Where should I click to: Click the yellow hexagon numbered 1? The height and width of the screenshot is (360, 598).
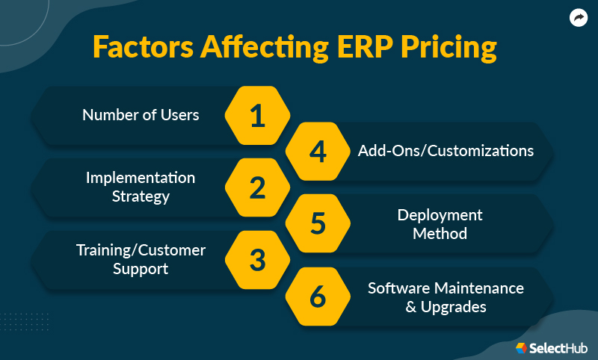(257, 116)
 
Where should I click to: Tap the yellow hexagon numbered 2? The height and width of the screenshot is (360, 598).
(257, 187)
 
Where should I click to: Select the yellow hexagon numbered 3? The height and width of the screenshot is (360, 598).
(257, 260)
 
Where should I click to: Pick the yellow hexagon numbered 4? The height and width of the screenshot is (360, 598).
(318, 152)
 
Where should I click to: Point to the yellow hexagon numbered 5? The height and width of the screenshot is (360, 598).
(318, 223)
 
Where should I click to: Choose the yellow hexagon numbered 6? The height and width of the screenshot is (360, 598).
(318, 297)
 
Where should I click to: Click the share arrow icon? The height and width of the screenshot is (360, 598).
(578, 19)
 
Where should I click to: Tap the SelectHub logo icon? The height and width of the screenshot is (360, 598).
(522, 347)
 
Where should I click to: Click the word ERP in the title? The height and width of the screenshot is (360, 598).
(358, 46)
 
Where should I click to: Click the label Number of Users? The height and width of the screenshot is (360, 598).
(141, 115)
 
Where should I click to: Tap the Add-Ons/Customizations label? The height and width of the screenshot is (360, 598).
(446, 151)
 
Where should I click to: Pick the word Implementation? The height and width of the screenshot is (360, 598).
(141, 178)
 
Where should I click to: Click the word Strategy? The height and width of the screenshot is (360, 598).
(141, 197)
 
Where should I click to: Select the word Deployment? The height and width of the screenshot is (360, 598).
(440, 215)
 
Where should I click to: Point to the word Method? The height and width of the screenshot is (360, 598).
(440, 233)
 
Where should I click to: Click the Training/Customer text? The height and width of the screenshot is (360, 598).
(141, 250)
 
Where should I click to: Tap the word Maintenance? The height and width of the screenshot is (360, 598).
(484, 288)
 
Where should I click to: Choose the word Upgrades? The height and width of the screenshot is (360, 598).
(454, 307)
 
